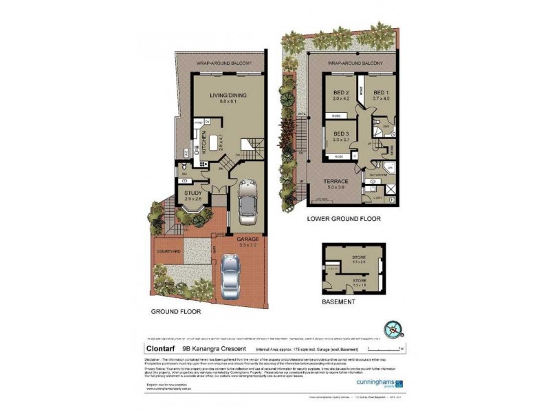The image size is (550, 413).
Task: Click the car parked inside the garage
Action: point(247,202)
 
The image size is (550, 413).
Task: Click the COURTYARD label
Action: point(168,251)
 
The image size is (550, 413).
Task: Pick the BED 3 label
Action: point(342,134)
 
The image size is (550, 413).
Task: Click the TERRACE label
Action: point(340,180)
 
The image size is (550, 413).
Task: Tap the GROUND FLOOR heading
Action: point(174,312)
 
